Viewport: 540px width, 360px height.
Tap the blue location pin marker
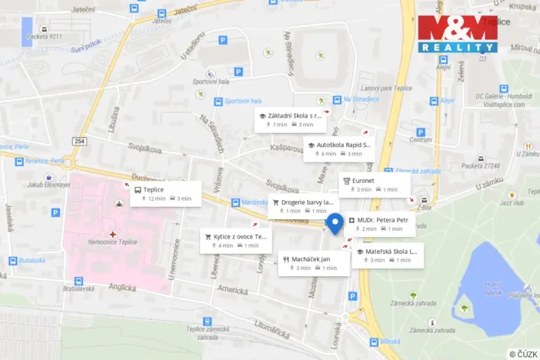pyautogui.click(x=335, y=223)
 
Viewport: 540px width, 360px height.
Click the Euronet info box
pyautogui.click(x=375, y=185)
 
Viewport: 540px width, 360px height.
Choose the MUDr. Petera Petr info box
pyautogui.click(x=381, y=224)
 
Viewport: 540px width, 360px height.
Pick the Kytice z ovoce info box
pyautogui.click(x=236, y=241)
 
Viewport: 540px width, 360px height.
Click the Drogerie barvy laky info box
pyautogui.click(x=302, y=206)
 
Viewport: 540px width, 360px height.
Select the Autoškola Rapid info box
pyautogui.click(x=338, y=149)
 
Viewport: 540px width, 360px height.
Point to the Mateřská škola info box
pyautogui.click(x=388, y=255)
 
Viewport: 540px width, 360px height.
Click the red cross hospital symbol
pyautogui.click(x=113, y=233)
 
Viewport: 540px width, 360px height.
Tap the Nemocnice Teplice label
pyautogui.click(x=112, y=242)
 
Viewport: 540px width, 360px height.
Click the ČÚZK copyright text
pyautogui.click(x=522, y=353)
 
